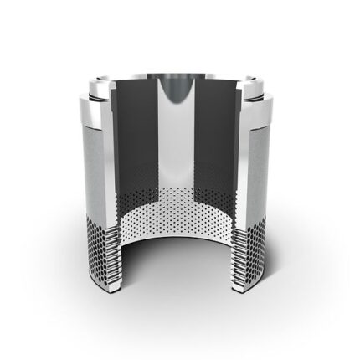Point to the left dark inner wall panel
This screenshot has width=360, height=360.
pyautogui.click(x=134, y=142)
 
